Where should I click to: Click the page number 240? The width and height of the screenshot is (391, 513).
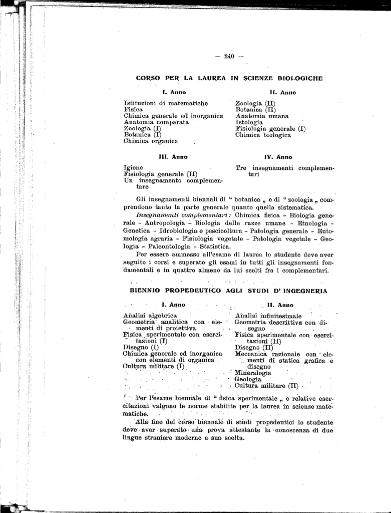click(229, 56)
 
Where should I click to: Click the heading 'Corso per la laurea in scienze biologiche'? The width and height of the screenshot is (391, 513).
click(229, 78)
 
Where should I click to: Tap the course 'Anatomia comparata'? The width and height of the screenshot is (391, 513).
click(156, 122)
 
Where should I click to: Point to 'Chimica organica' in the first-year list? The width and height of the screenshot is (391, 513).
click(151, 141)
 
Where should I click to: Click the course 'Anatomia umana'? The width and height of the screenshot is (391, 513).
click(262, 116)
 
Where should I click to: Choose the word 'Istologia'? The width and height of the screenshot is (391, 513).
click(249, 122)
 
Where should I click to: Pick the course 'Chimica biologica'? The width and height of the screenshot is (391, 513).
click(263, 135)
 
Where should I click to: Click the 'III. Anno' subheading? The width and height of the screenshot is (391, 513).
click(173, 157)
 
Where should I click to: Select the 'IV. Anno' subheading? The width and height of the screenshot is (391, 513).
click(278, 157)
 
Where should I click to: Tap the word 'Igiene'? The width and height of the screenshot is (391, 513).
click(133, 168)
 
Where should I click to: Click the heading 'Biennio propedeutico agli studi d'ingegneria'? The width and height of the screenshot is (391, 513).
click(229, 291)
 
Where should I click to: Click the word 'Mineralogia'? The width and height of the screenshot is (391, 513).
click(253, 373)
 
